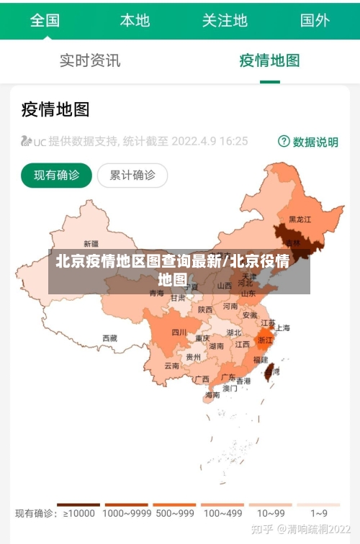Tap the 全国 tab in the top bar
click(x=45, y=19)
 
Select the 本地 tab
click(x=135, y=19)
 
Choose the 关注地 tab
click(x=225, y=19)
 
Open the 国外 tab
click(x=315, y=19)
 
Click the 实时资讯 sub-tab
click(x=90, y=60)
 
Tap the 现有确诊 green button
click(x=57, y=175)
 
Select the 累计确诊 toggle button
click(x=132, y=175)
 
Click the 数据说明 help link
click(x=308, y=142)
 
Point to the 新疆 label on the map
click(x=91, y=243)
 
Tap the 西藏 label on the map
click(x=109, y=337)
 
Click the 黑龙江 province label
click(x=300, y=219)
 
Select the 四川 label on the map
click(x=179, y=332)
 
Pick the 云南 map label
click(x=171, y=366)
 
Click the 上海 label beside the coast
click(x=282, y=327)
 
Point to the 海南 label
click(x=212, y=394)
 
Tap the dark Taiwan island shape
click(x=270, y=371)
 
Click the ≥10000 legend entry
click(x=79, y=512)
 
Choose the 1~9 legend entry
click(x=319, y=512)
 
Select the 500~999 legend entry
click(x=174, y=512)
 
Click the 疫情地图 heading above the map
click(x=55, y=109)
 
